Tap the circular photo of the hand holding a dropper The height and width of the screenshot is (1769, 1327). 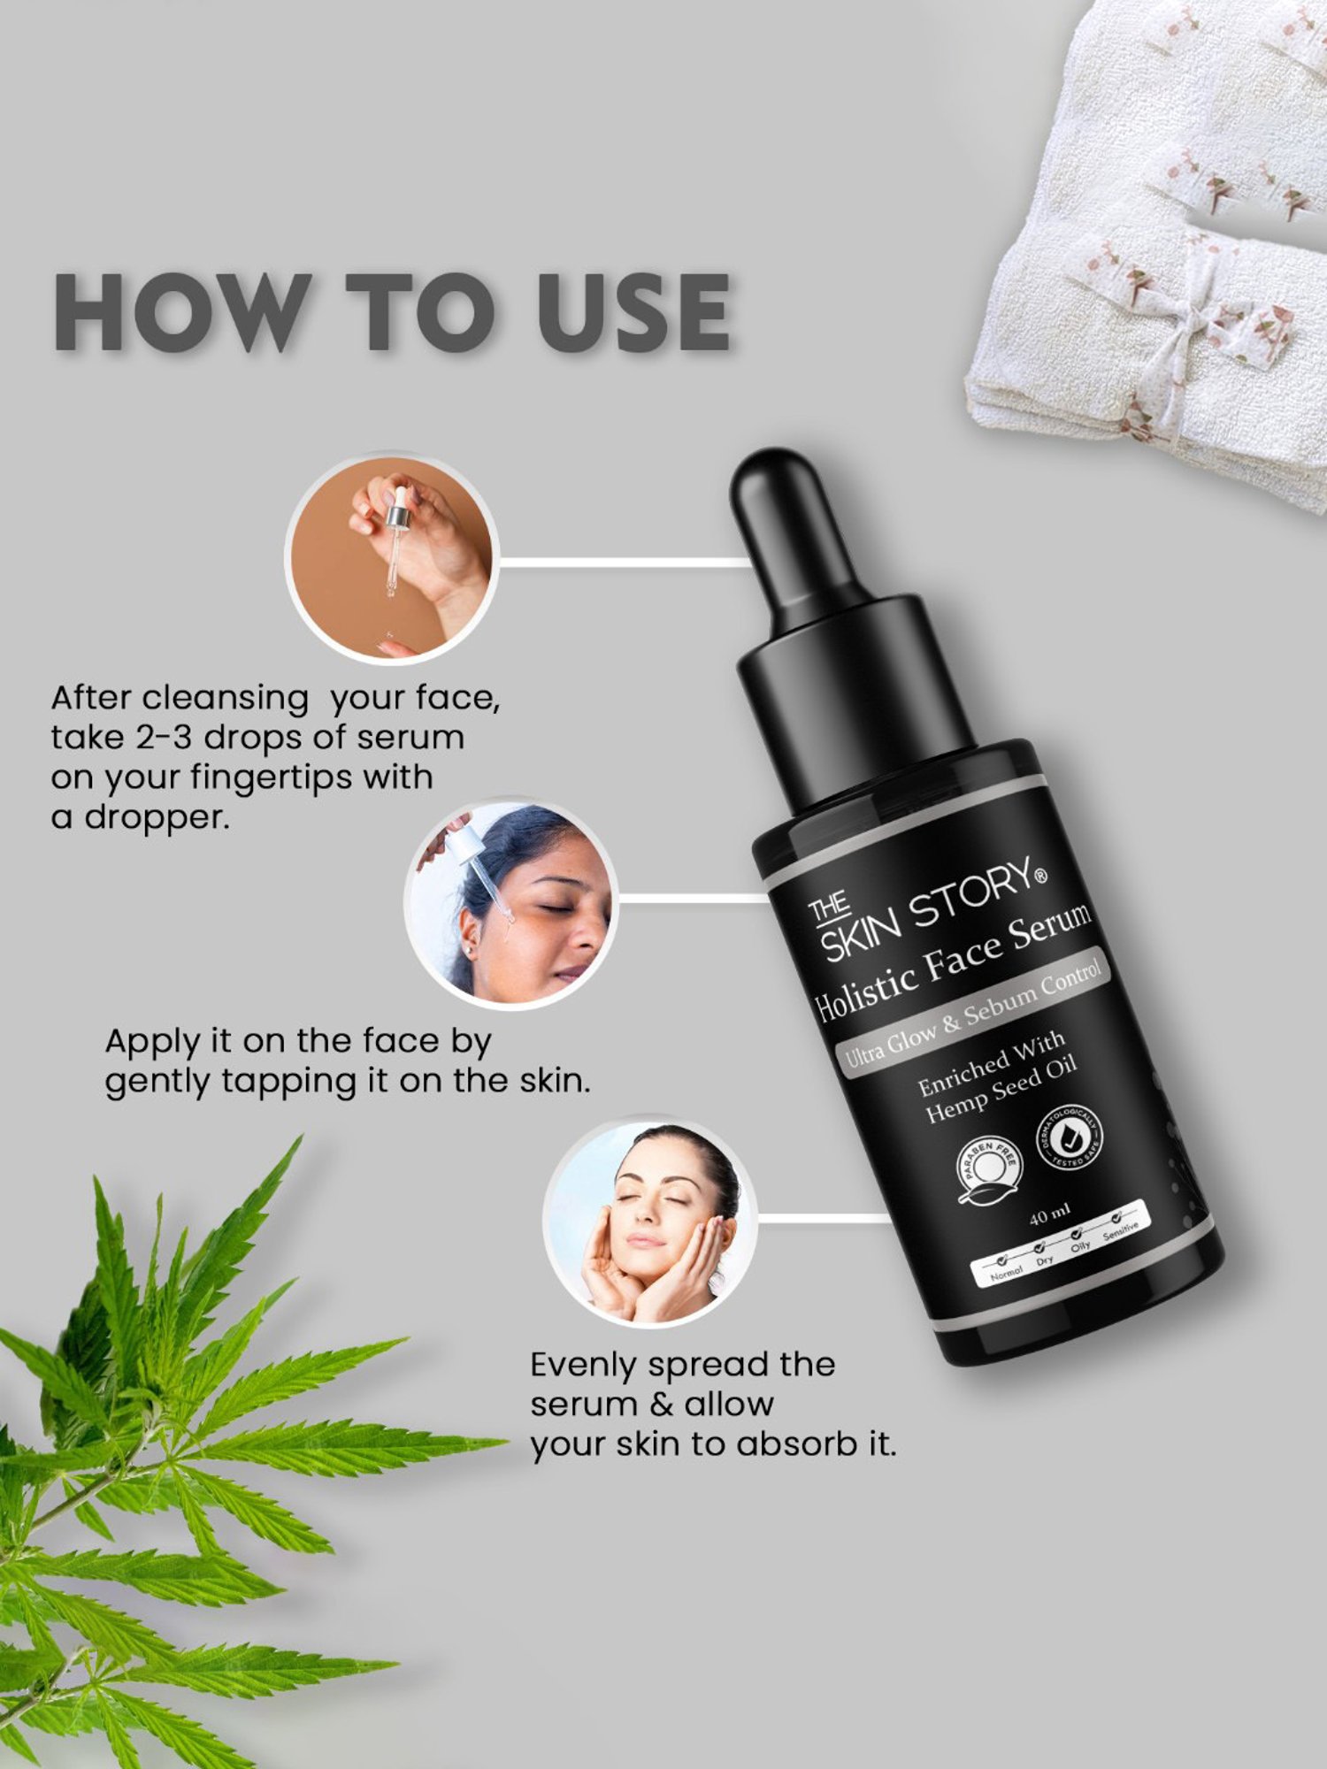pyautogui.click(x=392, y=557)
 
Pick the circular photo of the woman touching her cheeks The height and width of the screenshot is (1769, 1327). pyautogui.click(x=650, y=1221)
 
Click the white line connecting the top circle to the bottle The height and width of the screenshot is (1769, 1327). pyautogui.click(x=619, y=562)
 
